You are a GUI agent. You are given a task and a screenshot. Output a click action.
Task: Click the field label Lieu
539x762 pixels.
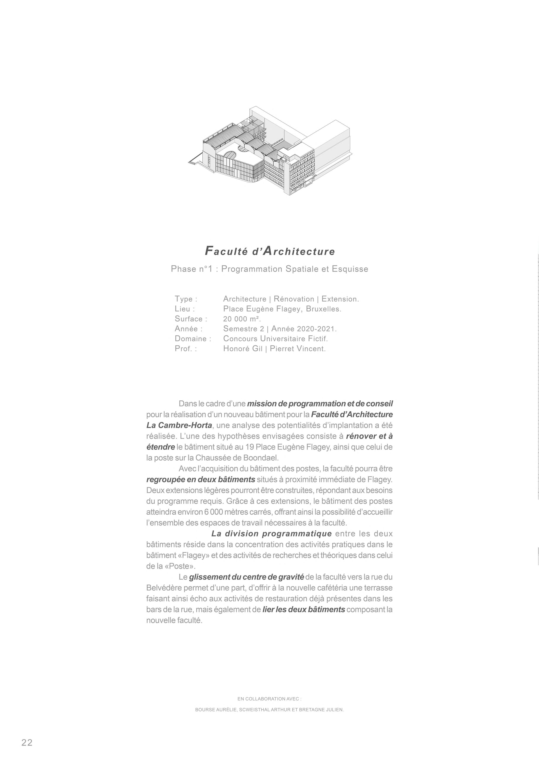click(184, 309)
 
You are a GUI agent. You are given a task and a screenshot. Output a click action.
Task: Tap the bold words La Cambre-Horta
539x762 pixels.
click(179, 425)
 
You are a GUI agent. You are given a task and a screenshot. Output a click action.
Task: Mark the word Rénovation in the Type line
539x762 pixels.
click(294, 299)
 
